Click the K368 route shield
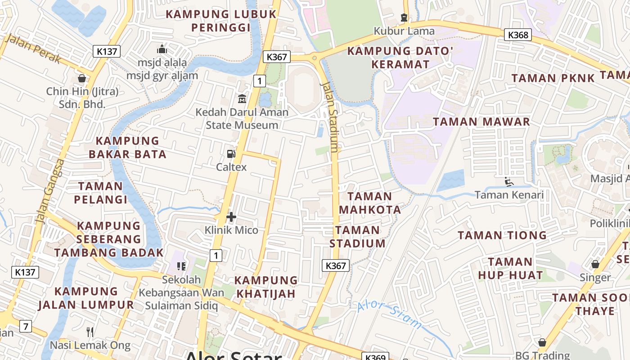click(517, 35)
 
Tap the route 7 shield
click(26, 326)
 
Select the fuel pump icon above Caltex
click(231, 154)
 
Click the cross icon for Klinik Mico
click(231, 217)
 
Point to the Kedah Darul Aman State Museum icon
click(242, 98)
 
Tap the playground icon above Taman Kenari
click(509, 182)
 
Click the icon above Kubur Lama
click(404, 18)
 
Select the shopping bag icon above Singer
click(595, 264)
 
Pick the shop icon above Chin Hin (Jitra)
click(82, 79)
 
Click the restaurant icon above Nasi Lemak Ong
click(90, 332)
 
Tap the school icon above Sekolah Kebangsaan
click(181, 266)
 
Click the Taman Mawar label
click(481, 121)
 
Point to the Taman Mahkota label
click(370, 203)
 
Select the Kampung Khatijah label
click(265, 287)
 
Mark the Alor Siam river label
click(390, 315)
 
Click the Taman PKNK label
click(553, 78)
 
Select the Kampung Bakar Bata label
click(127, 148)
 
